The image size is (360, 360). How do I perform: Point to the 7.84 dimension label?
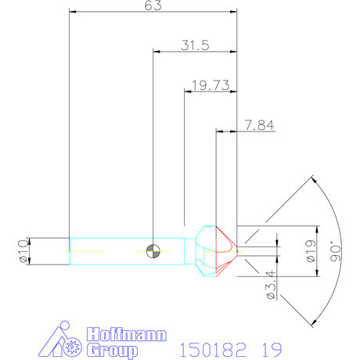(x=259, y=124)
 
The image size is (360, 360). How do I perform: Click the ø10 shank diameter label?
(x=23, y=250)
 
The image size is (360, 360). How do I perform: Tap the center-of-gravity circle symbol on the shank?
(x=153, y=250)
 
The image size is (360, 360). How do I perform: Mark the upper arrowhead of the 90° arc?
(x=312, y=179)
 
